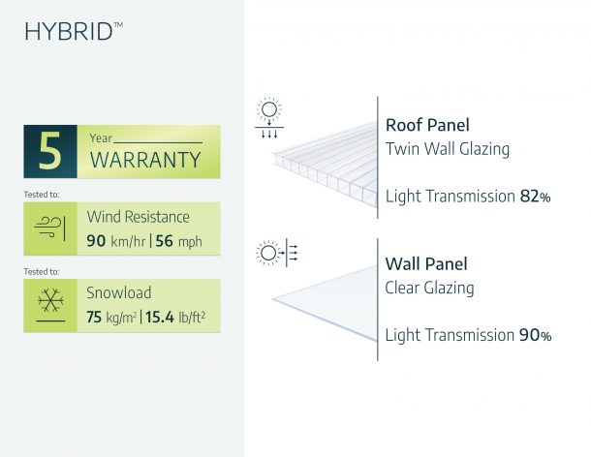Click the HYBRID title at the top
(x=74, y=31)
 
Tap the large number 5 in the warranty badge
(x=49, y=151)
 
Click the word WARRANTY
(x=145, y=160)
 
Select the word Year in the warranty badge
(x=101, y=138)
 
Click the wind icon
(x=49, y=228)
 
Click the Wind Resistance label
(x=138, y=217)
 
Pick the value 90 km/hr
(x=115, y=241)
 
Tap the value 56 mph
(x=178, y=241)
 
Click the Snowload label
(x=119, y=292)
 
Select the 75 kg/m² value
(x=111, y=317)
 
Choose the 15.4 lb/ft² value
(x=175, y=317)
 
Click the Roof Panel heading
(x=427, y=125)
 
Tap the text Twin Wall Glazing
(x=448, y=149)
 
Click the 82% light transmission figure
(x=535, y=197)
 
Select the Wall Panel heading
(x=426, y=263)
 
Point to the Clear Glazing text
(x=429, y=289)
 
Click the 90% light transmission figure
(x=535, y=335)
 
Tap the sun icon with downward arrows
(x=269, y=117)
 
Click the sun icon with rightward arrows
(x=277, y=253)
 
